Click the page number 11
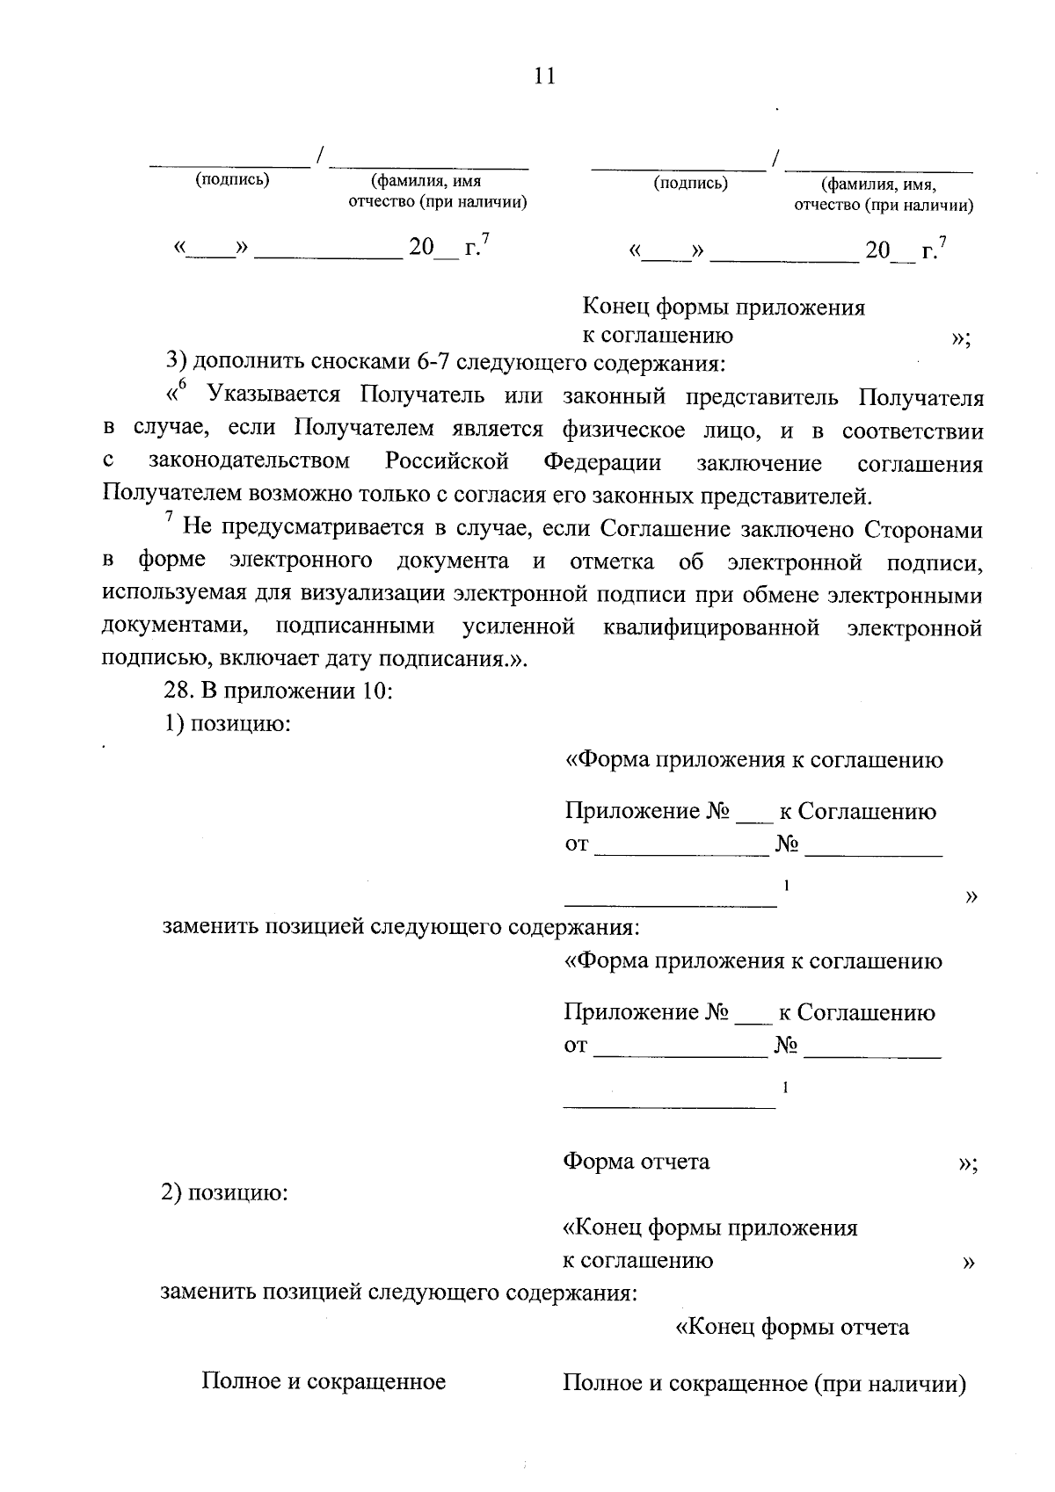click(544, 76)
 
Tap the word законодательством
click(249, 462)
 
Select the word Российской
click(447, 462)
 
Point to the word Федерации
click(602, 462)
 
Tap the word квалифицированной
click(712, 627)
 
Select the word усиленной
click(519, 627)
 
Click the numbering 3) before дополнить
click(176, 362)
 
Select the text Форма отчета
click(636, 1162)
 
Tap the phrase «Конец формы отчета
click(791, 1327)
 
